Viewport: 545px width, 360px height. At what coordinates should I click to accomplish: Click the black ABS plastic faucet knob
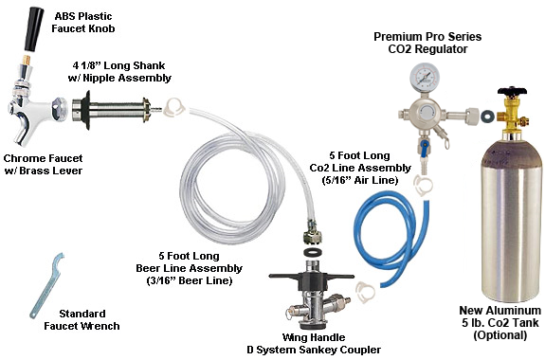tap(34, 29)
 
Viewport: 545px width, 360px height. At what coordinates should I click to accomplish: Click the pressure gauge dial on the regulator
tap(421, 77)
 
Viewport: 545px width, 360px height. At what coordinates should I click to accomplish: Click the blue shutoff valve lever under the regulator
tap(424, 144)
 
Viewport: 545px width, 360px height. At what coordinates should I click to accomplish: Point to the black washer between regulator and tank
tap(488, 117)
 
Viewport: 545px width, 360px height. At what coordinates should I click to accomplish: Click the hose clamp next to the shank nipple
tap(173, 106)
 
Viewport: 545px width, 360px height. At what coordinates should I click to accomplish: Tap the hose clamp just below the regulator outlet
tap(423, 185)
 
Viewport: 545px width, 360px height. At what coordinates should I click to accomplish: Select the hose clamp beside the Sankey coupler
tap(366, 291)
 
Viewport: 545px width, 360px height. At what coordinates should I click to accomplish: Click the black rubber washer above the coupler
tap(312, 252)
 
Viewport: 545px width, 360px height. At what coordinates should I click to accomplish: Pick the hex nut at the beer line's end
tap(312, 236)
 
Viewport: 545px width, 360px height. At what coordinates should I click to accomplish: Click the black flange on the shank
tap(86, 110)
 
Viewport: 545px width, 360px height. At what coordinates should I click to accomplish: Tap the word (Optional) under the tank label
tap(500, 335)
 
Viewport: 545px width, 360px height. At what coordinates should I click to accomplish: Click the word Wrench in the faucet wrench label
tap(100, 326)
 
